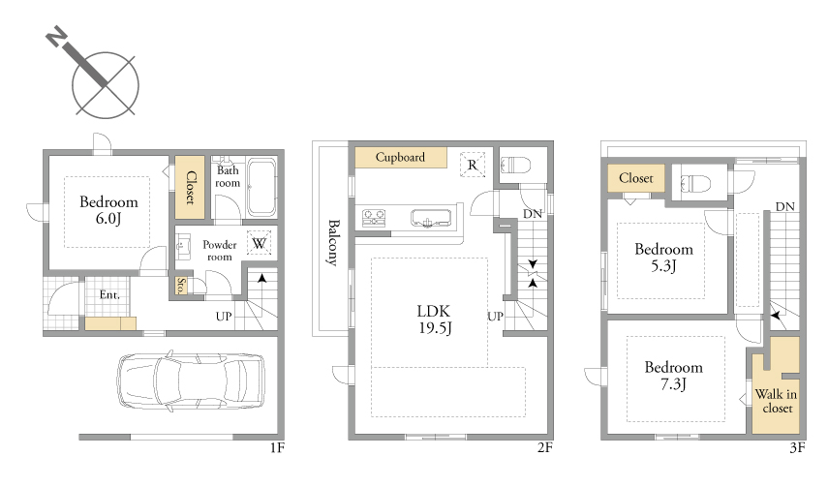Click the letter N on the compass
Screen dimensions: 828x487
(56, 38)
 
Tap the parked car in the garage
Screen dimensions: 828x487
(191, 380)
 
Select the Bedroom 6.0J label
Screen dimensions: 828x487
(108, 210)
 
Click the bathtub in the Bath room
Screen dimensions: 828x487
(261, 187)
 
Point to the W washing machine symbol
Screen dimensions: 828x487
(259, 243)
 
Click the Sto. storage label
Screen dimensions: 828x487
(181, 286)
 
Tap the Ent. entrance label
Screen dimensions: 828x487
(109, 294)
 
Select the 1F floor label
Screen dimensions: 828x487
(277, 448)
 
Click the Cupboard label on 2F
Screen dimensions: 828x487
(400, 157)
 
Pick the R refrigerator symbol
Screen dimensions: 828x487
(472, 165)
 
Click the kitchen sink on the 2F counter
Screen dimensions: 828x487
(431, 218)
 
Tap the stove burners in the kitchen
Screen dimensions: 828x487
(374, 218)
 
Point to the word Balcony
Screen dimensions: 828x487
(333, 242)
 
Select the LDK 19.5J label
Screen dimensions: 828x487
(435, 320)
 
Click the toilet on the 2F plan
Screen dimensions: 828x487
(515, 166)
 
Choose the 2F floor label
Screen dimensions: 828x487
(545, 448)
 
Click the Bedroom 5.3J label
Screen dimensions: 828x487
(663, 258)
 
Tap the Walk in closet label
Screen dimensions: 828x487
(777, 401)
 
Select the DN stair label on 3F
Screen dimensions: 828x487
(785, 206)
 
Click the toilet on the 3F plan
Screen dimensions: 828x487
(695, 184)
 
